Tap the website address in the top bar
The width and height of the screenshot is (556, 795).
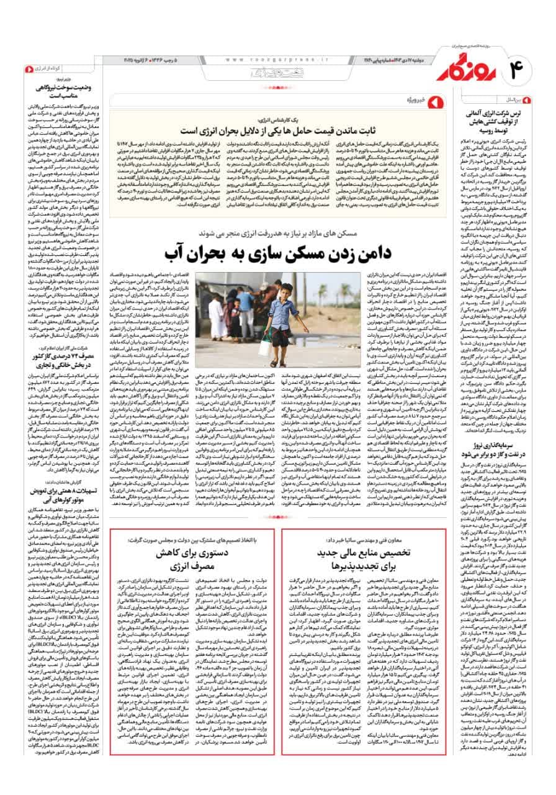[x=272, y=59]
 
